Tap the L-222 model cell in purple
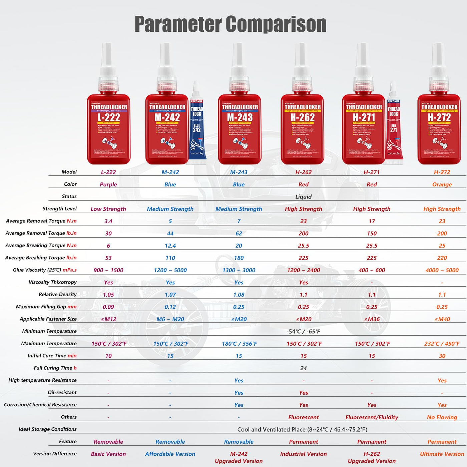coord(108,172)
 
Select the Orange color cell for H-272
coord(442,184)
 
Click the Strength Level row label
coord(60,208)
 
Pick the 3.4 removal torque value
coord(108,221)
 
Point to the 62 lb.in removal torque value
coord(239,233)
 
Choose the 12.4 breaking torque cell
coord(170,246)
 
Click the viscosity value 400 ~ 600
coord(372,270)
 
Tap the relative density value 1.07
coord(170,295)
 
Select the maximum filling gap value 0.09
coord(108,307)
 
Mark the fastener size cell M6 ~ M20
coord(170,319)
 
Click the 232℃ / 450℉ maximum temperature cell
coord(442,344)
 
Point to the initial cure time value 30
coord(442,356)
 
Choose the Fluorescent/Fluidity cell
coord(372,417)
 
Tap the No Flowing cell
coord(442,417)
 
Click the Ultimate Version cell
coord(442,454)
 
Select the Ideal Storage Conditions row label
coord(48,429)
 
